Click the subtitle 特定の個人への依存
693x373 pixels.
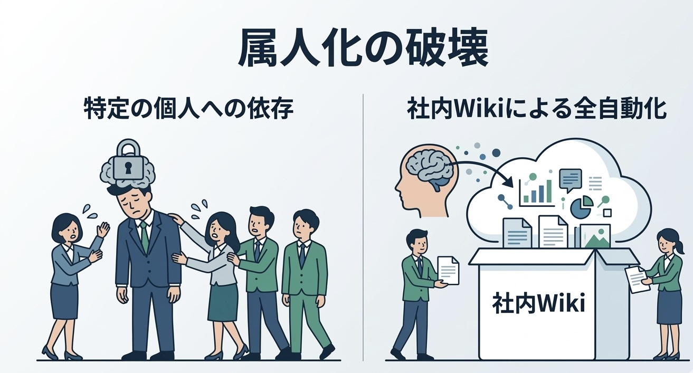(189, 109)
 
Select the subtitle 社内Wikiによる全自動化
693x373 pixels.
(536, 109)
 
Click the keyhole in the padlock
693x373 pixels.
(128, 168)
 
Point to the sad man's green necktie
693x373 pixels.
(144, 236)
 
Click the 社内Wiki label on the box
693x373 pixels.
(538, 303)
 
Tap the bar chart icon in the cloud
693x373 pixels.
(537, 191)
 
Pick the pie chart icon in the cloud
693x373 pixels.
(581, 207)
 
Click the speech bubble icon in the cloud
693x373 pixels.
(570, 180)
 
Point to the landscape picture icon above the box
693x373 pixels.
(595, 236)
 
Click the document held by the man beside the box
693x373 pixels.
(449, 270)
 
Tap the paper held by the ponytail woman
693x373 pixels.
(637, 280)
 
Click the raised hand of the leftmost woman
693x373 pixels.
(103, 230)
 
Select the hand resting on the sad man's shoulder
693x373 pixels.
(177, 219)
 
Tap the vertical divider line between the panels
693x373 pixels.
(363, 227)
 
